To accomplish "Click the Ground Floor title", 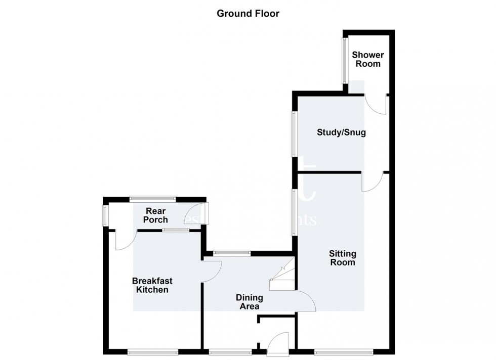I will (x=248, y=14).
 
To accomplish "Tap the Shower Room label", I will (x=368, y=59).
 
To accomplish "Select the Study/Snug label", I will (x=341, y=133).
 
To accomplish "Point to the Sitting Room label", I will (x=343, y=258).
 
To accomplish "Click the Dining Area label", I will (x=247, y=302).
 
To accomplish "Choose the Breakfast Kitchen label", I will (x=150, y=285).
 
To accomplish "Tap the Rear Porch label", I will (x=156, y=215).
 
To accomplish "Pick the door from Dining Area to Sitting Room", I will (x=305, y=301).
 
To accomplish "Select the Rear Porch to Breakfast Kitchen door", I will (x=125, y=240).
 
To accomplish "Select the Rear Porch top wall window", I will (x=152, y=199).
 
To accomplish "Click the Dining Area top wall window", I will (x=232, y=252).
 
